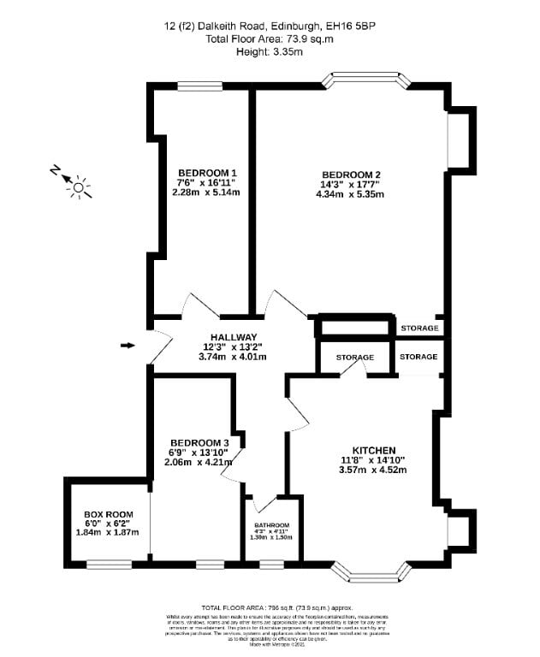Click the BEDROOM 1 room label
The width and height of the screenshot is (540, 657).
(201, 171)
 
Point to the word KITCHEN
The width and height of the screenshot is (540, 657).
(374, 450)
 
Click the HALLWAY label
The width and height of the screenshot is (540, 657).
(230, 337)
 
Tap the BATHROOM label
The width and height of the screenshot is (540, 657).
(271, 525)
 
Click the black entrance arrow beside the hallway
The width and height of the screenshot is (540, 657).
(128, 345)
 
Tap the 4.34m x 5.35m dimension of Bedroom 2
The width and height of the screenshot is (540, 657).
(350, 194)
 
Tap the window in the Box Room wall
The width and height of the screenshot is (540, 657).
(109, 563)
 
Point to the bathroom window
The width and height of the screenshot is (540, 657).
(272, 563)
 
